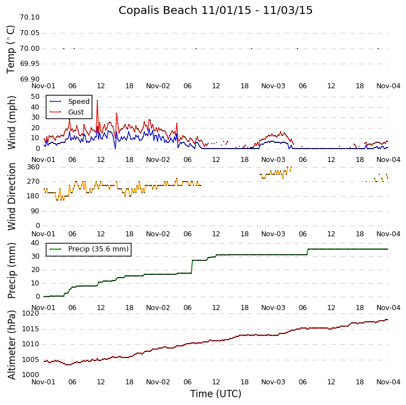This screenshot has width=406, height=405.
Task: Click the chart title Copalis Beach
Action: tap(215, 11)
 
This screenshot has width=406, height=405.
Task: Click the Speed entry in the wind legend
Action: tap(78, 102)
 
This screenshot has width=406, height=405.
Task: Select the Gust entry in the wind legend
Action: tap(75, 112)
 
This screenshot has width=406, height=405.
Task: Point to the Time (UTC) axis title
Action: tap(215, 394)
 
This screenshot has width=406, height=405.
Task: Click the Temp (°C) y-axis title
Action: tap(11, 49)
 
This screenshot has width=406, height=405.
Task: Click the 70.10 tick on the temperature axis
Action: tap(29, 17)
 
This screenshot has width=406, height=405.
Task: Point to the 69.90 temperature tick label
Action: tap(29, 79)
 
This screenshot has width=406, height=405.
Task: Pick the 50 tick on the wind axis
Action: tap(35, 97)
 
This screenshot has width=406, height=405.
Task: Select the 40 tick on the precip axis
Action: tap(35, 243)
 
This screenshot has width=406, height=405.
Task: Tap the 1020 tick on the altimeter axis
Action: tap(31, 313)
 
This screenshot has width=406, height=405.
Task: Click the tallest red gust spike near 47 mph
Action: tap(97, 101)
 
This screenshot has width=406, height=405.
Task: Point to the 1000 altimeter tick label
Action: tap(31, 375)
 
